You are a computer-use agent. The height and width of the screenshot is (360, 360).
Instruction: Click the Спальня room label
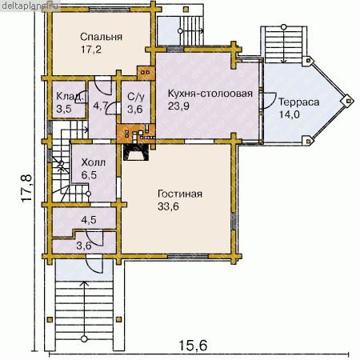click(101, 37)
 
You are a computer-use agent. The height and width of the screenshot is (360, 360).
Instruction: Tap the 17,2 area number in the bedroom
click(91, 50)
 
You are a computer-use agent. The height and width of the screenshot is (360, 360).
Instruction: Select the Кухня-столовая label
click(210, 94)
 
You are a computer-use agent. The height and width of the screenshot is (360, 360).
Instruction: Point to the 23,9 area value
click(178, 106)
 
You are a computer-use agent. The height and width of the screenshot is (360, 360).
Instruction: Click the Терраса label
click(299, 102)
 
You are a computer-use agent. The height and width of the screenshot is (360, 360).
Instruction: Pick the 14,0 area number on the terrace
click(289, 114)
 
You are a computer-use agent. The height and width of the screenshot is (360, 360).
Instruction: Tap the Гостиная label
click(180, 194)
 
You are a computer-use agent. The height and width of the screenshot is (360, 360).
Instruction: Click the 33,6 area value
click(168, 206)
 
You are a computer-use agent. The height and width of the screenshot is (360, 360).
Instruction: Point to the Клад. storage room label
click(70, 96)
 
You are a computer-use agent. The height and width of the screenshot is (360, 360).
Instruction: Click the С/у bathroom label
click(136, 97)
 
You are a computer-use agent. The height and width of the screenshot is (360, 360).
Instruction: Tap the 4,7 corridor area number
click(101, 106)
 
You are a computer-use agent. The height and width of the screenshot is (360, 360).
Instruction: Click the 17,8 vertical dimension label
click(26, 188)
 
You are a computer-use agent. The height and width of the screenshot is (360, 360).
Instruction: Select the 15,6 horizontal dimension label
click(193, 346)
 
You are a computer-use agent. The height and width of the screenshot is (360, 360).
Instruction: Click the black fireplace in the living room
click(136, 152)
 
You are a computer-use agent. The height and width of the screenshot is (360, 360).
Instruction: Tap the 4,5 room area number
click(89, 220)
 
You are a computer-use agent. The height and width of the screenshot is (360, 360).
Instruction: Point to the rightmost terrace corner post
click(347, 101)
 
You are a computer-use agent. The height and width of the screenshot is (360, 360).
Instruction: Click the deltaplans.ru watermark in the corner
click(30, 6)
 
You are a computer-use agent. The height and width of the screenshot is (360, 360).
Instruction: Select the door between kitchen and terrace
click(268, 101)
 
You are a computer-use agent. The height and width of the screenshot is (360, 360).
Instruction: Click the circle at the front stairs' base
click(84, 339)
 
